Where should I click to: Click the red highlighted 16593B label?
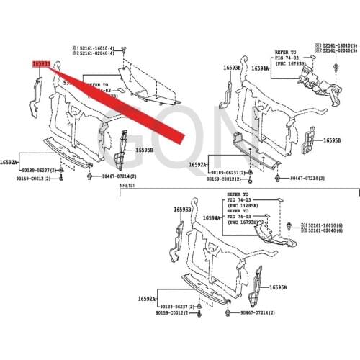click(x=41, y=63)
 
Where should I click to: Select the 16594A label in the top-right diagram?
click(x=260, y=68)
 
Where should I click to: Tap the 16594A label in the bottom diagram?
click(x=212, y=218)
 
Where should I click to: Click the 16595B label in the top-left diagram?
click(x=145, y=150)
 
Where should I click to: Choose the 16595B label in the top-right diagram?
click(x=331, y=140)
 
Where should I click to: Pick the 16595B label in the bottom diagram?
click(x=279, y=287)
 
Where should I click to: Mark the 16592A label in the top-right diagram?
click(x=199, y=165)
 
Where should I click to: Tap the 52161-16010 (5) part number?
click(x=337, y=45)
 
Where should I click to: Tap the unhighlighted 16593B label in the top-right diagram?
click(x=232, y=68)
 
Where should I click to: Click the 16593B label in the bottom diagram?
click(x=182, y=210)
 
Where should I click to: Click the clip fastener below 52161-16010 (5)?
click(x=336, y=67)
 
